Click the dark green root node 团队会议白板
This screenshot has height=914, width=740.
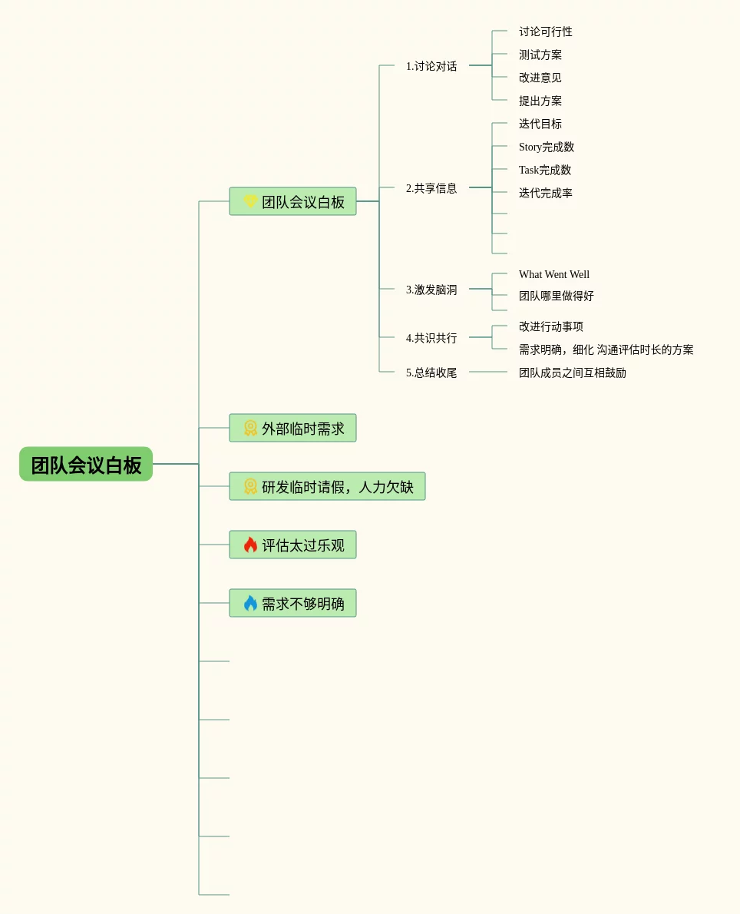click(x=86, y=465)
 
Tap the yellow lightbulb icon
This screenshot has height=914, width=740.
click(x=250, y=202)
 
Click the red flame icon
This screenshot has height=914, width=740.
click(x=250, y=545)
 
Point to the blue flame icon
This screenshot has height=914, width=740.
click(x=250, y=604)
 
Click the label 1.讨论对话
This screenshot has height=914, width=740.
click(x=431, y=66)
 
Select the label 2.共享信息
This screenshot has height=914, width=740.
click(x=431, y=188)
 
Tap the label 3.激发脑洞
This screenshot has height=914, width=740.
click(x=431, y=290)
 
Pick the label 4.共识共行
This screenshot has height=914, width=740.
click(x=431, y=338)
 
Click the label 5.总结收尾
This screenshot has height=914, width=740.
click(x=431, y=373)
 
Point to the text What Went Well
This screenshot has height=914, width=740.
click(x=554, y=274)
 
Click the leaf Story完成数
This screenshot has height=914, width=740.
click(x=547, y=147)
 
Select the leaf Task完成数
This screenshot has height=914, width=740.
click(x=545, y=170)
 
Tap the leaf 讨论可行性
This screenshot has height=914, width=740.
click(x=546, y=31)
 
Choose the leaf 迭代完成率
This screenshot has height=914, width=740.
click(x=546, y=193)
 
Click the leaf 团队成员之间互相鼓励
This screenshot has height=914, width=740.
click(x=573, y=373)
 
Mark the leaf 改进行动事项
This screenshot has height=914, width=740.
click(x=551, y=326)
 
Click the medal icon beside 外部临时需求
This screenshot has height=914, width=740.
click(x=250, y=429)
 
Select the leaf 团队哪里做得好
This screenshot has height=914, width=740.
click(x=557, y=296)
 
